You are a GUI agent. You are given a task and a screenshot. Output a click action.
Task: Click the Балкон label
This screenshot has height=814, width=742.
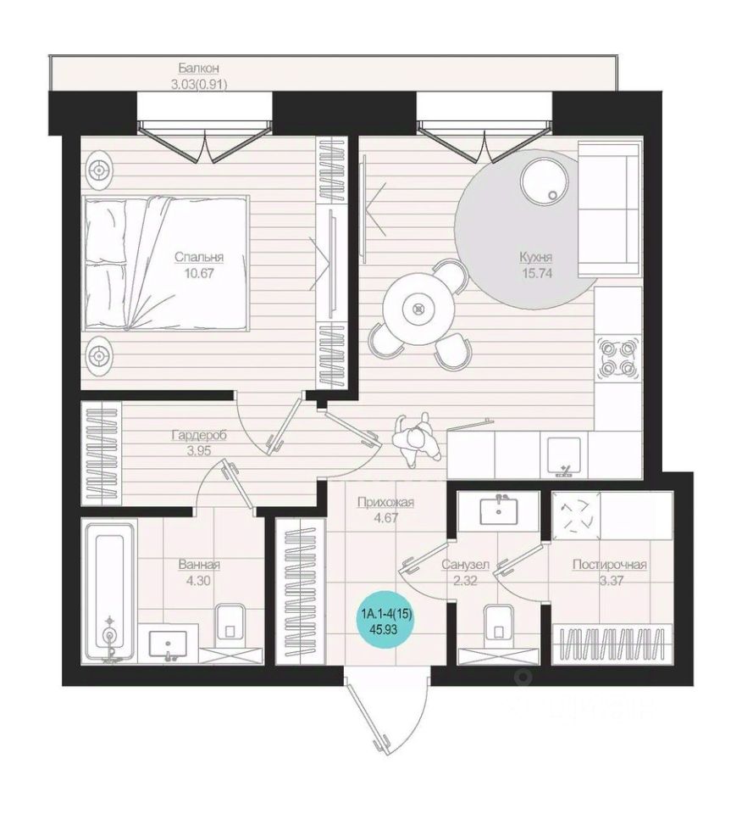[x=198, y=68]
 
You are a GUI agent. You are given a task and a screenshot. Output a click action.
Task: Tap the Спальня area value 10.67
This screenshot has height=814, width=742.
[x=198, y=273]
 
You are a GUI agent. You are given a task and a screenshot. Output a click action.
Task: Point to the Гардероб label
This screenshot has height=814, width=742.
[x=199, y=435]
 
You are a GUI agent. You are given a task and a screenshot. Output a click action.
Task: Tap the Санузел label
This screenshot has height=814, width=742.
[x=465, y=565]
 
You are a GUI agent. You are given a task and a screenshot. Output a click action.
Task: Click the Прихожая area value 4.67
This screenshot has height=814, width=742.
[x=385, y=517]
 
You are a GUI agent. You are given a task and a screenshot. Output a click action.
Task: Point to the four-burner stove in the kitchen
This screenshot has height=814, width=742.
[x=617, y=358]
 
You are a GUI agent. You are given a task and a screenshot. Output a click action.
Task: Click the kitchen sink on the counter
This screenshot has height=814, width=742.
[x=565, y=455]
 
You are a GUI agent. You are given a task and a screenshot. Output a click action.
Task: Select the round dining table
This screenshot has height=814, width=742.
[x=418, y=310]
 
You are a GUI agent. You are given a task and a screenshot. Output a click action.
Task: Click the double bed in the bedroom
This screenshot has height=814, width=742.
[x=167, y=263]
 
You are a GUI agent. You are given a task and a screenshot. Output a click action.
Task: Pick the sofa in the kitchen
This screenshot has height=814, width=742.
[x=607, y=209]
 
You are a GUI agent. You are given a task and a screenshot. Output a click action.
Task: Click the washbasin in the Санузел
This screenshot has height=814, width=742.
[x=498, y=510]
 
